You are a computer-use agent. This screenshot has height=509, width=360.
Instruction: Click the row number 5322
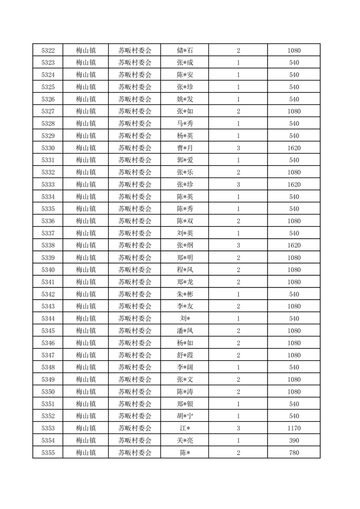(48, 50)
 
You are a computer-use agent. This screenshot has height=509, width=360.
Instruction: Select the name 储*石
(185, 50)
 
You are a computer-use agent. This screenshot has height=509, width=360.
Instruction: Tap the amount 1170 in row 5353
(294, 428)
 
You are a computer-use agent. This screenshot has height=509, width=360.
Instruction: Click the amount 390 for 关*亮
(294, 440)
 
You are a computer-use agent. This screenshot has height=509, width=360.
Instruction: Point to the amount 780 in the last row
(294, 452)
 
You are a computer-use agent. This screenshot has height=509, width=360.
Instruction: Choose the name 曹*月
(185, 148)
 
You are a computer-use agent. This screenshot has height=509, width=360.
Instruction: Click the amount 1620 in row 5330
(294, 148)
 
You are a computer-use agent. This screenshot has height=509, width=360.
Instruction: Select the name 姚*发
(185, 99)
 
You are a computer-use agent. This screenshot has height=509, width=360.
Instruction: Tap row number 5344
(48, 318)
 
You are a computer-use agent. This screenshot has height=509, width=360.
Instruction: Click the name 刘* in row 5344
(185, 318)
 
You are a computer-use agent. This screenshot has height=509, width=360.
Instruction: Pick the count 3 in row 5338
(238, 245)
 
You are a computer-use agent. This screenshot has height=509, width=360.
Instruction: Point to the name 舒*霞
(185, 355)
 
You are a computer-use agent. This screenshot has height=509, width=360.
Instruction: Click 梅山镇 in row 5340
(85, 269)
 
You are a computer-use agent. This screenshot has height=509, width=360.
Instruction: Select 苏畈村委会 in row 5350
(135, 392)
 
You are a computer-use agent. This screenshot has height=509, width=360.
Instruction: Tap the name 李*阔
(185, 367)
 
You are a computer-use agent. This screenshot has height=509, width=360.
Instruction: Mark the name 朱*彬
(185, 294)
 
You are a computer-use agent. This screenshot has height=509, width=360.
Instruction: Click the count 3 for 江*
(238, 428)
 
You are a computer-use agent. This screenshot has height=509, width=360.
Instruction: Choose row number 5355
(48, 452)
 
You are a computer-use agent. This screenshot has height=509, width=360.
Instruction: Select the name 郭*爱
(185, 160)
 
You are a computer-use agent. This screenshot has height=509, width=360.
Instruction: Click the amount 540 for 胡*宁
(294, 416)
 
